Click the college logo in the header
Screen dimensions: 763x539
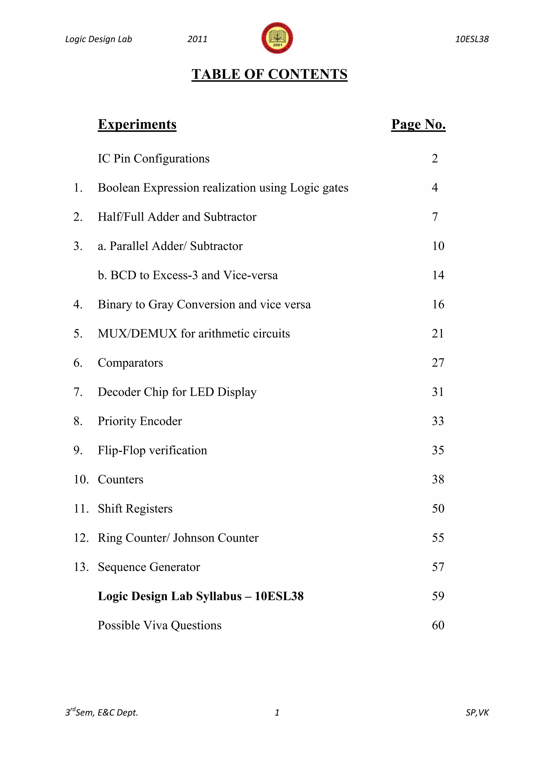[277, 38]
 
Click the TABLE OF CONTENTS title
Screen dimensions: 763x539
[269, 74]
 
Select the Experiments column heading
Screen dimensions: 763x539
[137, 124]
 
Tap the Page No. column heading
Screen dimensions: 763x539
[418, 124]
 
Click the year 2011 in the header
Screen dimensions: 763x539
[197, 39]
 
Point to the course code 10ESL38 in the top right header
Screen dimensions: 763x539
[472, 39]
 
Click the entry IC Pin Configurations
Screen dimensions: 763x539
[154, 159]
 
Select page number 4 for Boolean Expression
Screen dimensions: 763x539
[435, 188]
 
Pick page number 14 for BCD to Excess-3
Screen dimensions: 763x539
[438, 275]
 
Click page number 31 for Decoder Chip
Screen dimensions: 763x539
[438, 392]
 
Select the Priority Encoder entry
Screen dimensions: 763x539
[140, 421]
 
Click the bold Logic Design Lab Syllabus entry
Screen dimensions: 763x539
[201, 596]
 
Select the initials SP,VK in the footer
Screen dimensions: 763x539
[477, 712]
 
